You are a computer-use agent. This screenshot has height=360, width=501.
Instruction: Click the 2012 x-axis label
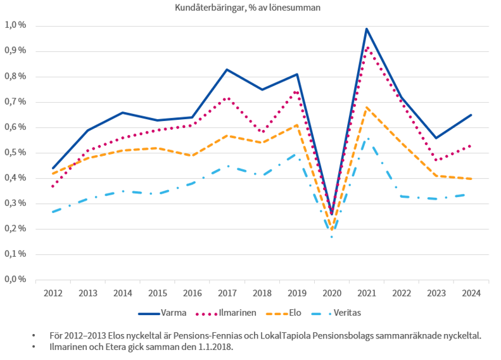point(53,293)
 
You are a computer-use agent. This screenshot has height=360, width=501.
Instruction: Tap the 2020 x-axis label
point(332,293)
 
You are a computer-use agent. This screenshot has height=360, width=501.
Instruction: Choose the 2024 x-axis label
point(471,293)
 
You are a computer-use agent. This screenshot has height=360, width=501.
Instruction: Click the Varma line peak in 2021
point(367,29)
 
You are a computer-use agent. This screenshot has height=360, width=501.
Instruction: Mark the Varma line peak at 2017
point(227,69)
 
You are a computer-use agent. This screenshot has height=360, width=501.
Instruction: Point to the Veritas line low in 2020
point(332,237)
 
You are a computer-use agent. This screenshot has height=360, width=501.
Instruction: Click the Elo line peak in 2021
point(367,107)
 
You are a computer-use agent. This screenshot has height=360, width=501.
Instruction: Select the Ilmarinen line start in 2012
point(53,186)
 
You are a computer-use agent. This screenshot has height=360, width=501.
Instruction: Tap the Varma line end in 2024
point(471,115)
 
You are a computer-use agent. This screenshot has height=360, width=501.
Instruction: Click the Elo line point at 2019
point(297,125)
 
